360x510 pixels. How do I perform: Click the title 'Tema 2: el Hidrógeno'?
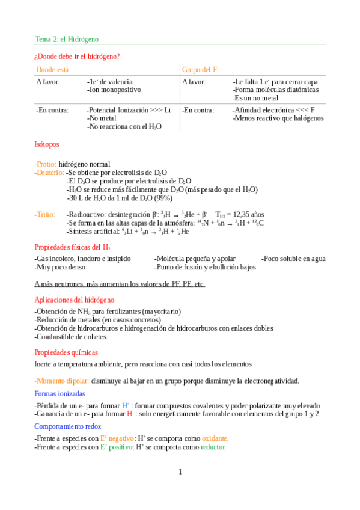click(x=66, y=39)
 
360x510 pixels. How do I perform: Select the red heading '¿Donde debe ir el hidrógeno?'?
click(x=77, y=57)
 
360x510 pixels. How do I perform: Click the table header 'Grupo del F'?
click(x=200, y=70)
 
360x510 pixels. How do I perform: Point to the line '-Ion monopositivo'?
click(x=114, y=90)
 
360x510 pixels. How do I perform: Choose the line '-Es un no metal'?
click(x=255, y=98)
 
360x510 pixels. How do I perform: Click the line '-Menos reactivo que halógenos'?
click(x=278, y=118)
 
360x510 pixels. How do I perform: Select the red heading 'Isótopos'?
click(x=47, y=145)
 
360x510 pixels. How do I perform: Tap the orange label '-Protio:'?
click(x=46, y=164)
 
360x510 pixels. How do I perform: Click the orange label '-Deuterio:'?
click(x=49, y=172)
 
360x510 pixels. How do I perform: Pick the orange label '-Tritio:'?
click(x=45, y=214)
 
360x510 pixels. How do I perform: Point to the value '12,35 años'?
click(x=248, y=214)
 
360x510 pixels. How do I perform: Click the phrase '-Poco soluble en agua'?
click(x=293, y=259)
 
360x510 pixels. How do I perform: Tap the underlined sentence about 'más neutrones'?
click(x=120, y=284)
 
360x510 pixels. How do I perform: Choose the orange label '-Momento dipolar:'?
click(x=62, y=381)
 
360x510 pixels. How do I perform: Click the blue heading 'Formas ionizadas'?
click(x=60, y=394)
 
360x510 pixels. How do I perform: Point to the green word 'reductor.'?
click(x=213, y=447)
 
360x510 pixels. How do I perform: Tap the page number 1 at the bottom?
click(x=180, y=472)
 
